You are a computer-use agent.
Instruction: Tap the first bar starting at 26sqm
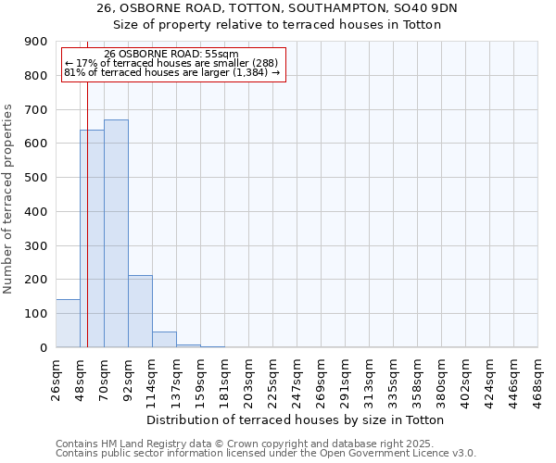click(x=68, y=323)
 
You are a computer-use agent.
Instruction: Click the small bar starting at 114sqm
click(x=164, y=339)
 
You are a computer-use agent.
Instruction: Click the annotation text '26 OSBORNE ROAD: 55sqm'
click(x=171, y=55)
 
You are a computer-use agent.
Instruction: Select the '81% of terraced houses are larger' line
click(x=171, y=72)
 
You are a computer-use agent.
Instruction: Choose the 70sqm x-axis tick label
click(x=104, y=377)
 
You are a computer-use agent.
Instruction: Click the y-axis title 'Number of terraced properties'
click(x=9, y=199)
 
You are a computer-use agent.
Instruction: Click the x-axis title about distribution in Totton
click(x=296, y=420)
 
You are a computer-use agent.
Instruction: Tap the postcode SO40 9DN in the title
click(x=432, y=7)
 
